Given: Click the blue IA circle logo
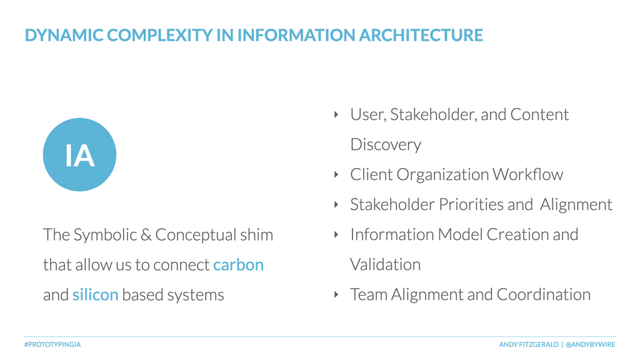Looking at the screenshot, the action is click(79, 155).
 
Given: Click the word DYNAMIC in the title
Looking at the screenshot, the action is click(64, 35).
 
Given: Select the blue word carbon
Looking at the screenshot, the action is click(238, 265).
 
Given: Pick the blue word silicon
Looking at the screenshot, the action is click(96, 295).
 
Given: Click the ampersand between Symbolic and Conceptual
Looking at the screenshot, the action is click(146, 235).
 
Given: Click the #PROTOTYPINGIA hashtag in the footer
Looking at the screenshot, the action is click(52, 344).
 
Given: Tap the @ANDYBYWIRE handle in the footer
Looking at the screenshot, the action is click(590, 344).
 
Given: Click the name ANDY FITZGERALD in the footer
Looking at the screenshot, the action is click(529, 344).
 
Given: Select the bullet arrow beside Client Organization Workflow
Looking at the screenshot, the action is click(336, 175).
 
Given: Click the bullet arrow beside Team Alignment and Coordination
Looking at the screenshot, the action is click(336, 295).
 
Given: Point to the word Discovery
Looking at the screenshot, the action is click(386, 145).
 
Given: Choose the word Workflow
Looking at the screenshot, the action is click(527, 174).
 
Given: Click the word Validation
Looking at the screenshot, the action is click(385, 264).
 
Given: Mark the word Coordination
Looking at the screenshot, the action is click(544, 294).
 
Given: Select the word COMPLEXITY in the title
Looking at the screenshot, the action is click(159, 35).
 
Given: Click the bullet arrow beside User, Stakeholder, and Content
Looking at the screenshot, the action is click(336, 115).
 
